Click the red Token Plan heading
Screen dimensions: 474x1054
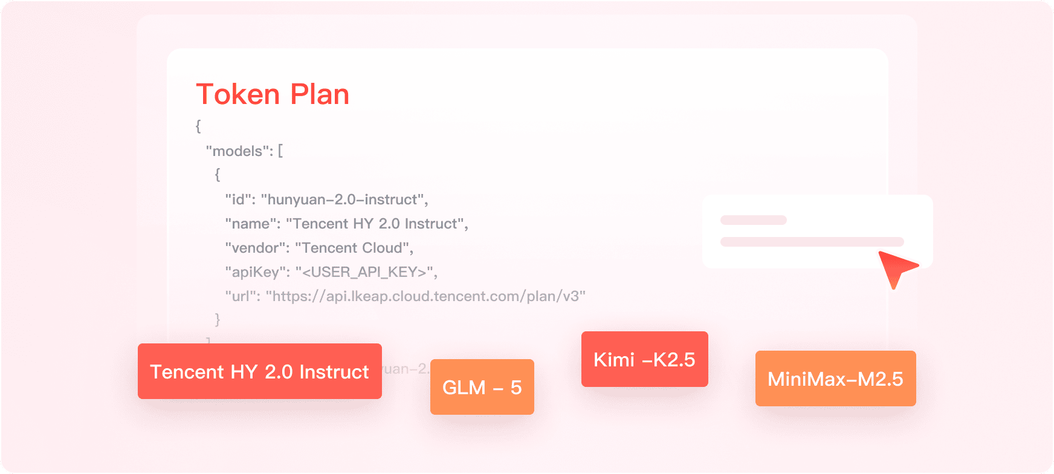pos(273,94)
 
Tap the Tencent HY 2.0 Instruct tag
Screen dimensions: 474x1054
pos(259,371)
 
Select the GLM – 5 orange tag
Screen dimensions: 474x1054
pos(482,387)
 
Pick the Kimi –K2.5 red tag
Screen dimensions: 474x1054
pos(644,359)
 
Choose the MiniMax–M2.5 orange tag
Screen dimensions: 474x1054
pos(835,378)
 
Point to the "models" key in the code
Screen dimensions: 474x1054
pos(237,151)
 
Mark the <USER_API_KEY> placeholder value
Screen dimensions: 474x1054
pos(366,272)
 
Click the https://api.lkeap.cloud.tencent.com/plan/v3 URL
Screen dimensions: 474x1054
pos(425,296)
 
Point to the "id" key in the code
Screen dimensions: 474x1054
pos(239,200)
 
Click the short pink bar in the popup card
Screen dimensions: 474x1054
pos(753,220)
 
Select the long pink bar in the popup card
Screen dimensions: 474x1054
pos(812,242)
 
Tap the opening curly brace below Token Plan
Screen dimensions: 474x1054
pos(198,126)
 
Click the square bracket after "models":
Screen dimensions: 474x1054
pos(280,151)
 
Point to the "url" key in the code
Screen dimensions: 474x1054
pos(242,296)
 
